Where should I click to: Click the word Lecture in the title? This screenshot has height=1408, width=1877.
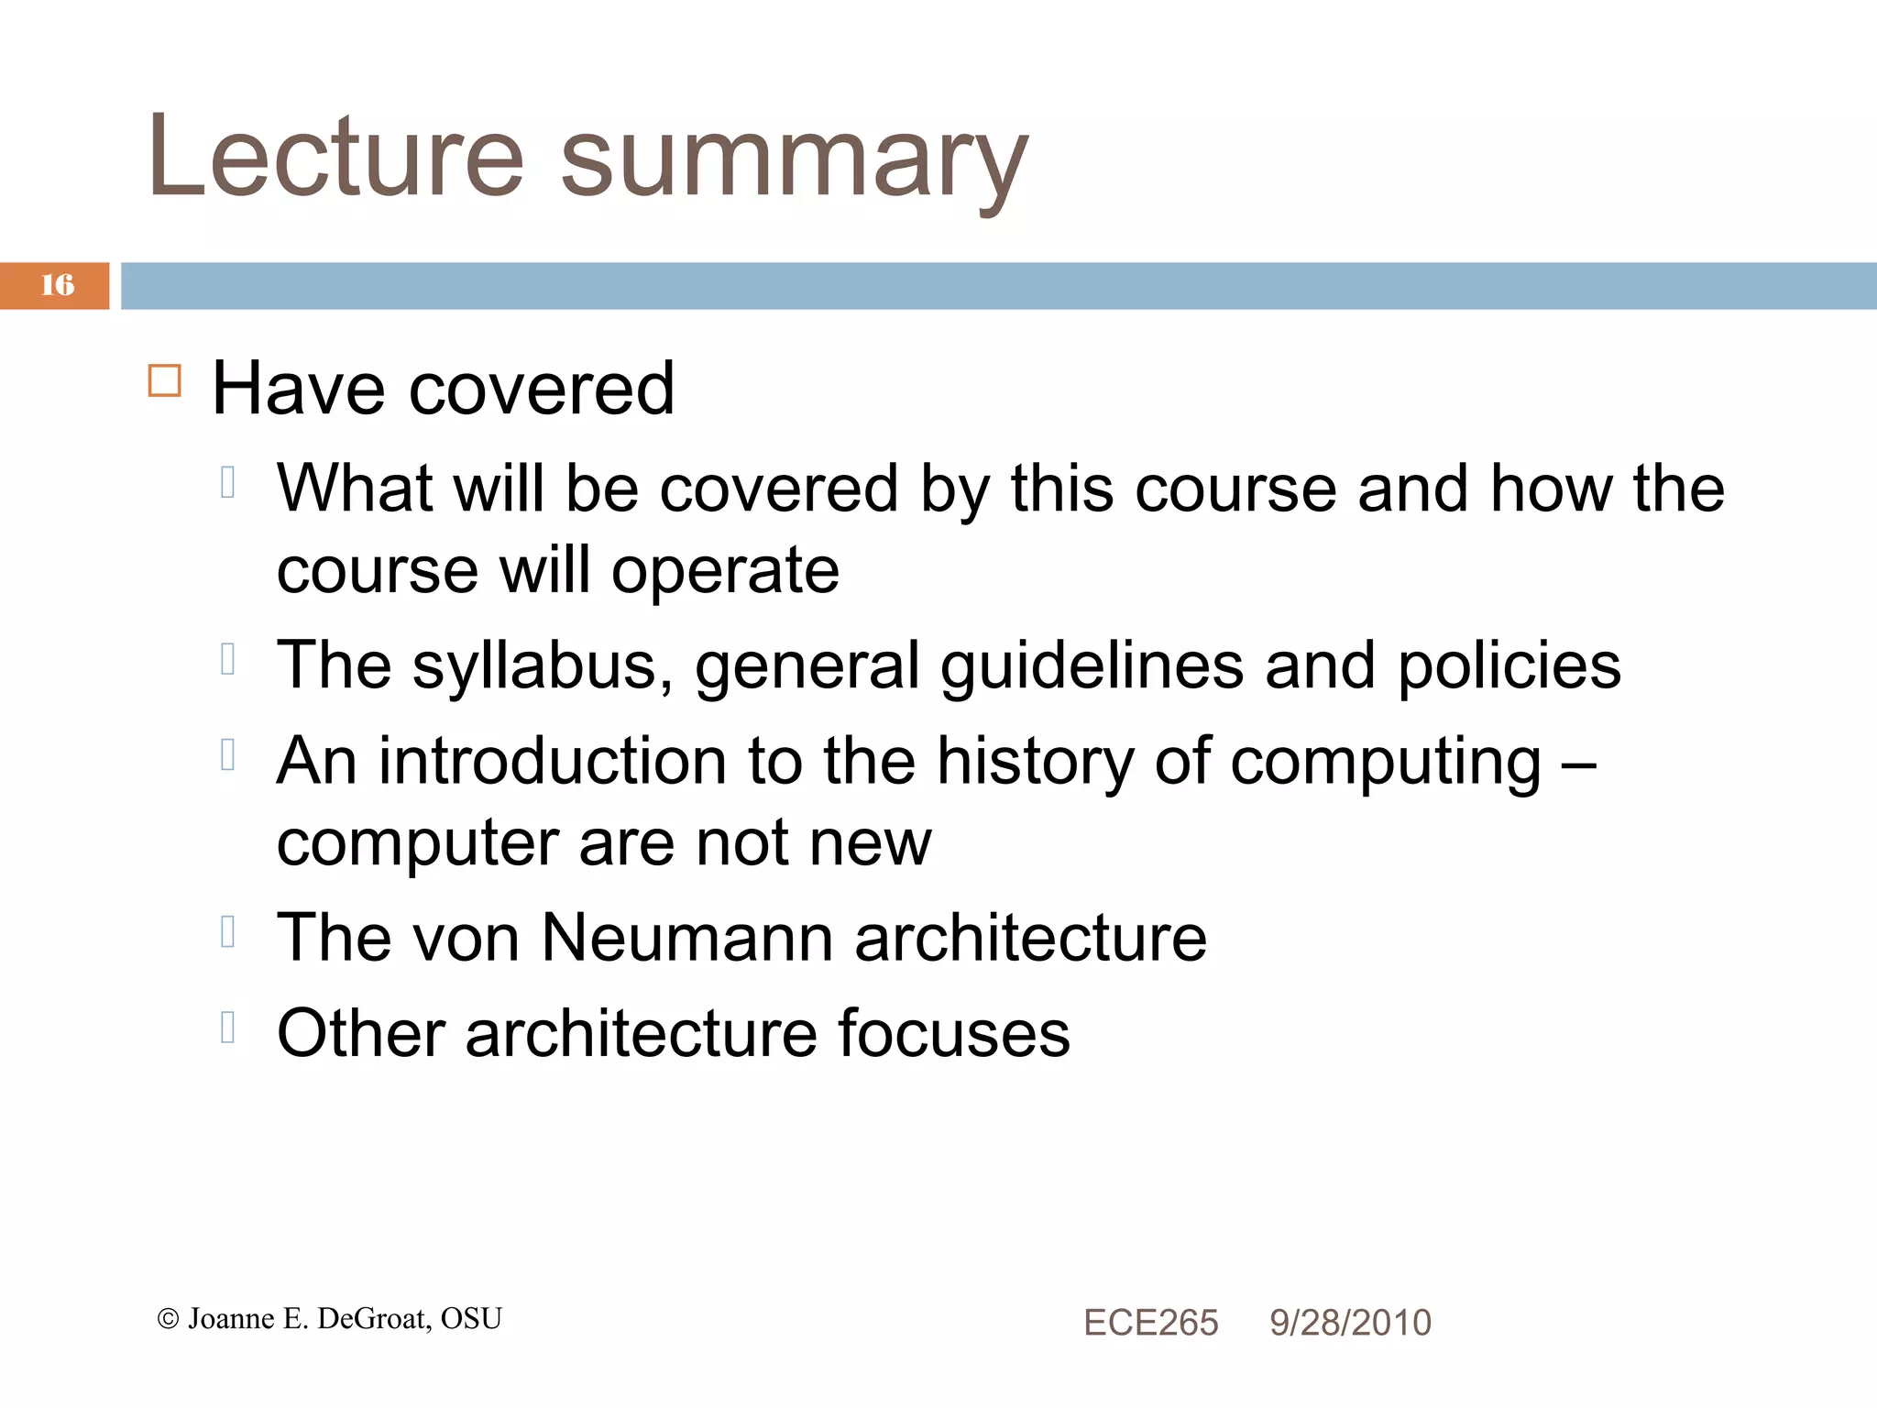[335, 156]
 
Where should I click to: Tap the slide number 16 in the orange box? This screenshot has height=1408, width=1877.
[57, 285]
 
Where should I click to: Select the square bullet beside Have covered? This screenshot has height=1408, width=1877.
[165, 380]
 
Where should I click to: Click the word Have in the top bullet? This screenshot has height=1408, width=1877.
[298, 389]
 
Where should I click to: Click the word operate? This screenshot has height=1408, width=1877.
[725, 572]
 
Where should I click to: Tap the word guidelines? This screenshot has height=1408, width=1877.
[1092, 667]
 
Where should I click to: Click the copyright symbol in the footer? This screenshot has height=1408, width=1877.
[168, 1319]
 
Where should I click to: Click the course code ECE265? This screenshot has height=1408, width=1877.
[1150, 1323]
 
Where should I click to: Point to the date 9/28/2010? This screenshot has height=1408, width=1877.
[1350, 1323]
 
